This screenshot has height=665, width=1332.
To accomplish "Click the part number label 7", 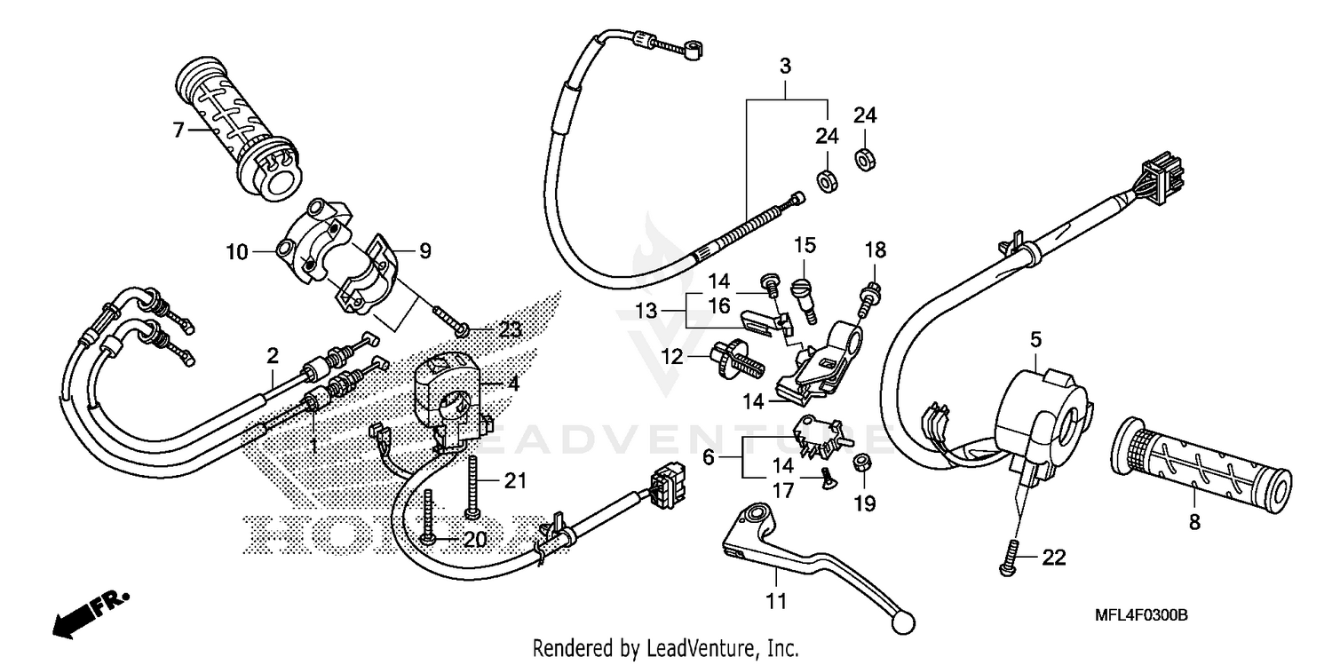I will pyautogui.click(x=178, y=131).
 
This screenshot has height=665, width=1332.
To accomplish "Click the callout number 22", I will pyautogui.click(x=1053, y=558).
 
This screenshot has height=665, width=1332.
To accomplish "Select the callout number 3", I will pyautogui.click(x=785, y=66).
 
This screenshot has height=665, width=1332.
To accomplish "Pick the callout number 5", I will pyautogui.click(x=1035, y=339).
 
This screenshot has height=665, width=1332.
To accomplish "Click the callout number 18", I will pyautogui.click(x=875, y=251).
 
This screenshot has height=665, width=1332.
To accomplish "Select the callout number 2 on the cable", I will pyautogui.click(x=273, y=356).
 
